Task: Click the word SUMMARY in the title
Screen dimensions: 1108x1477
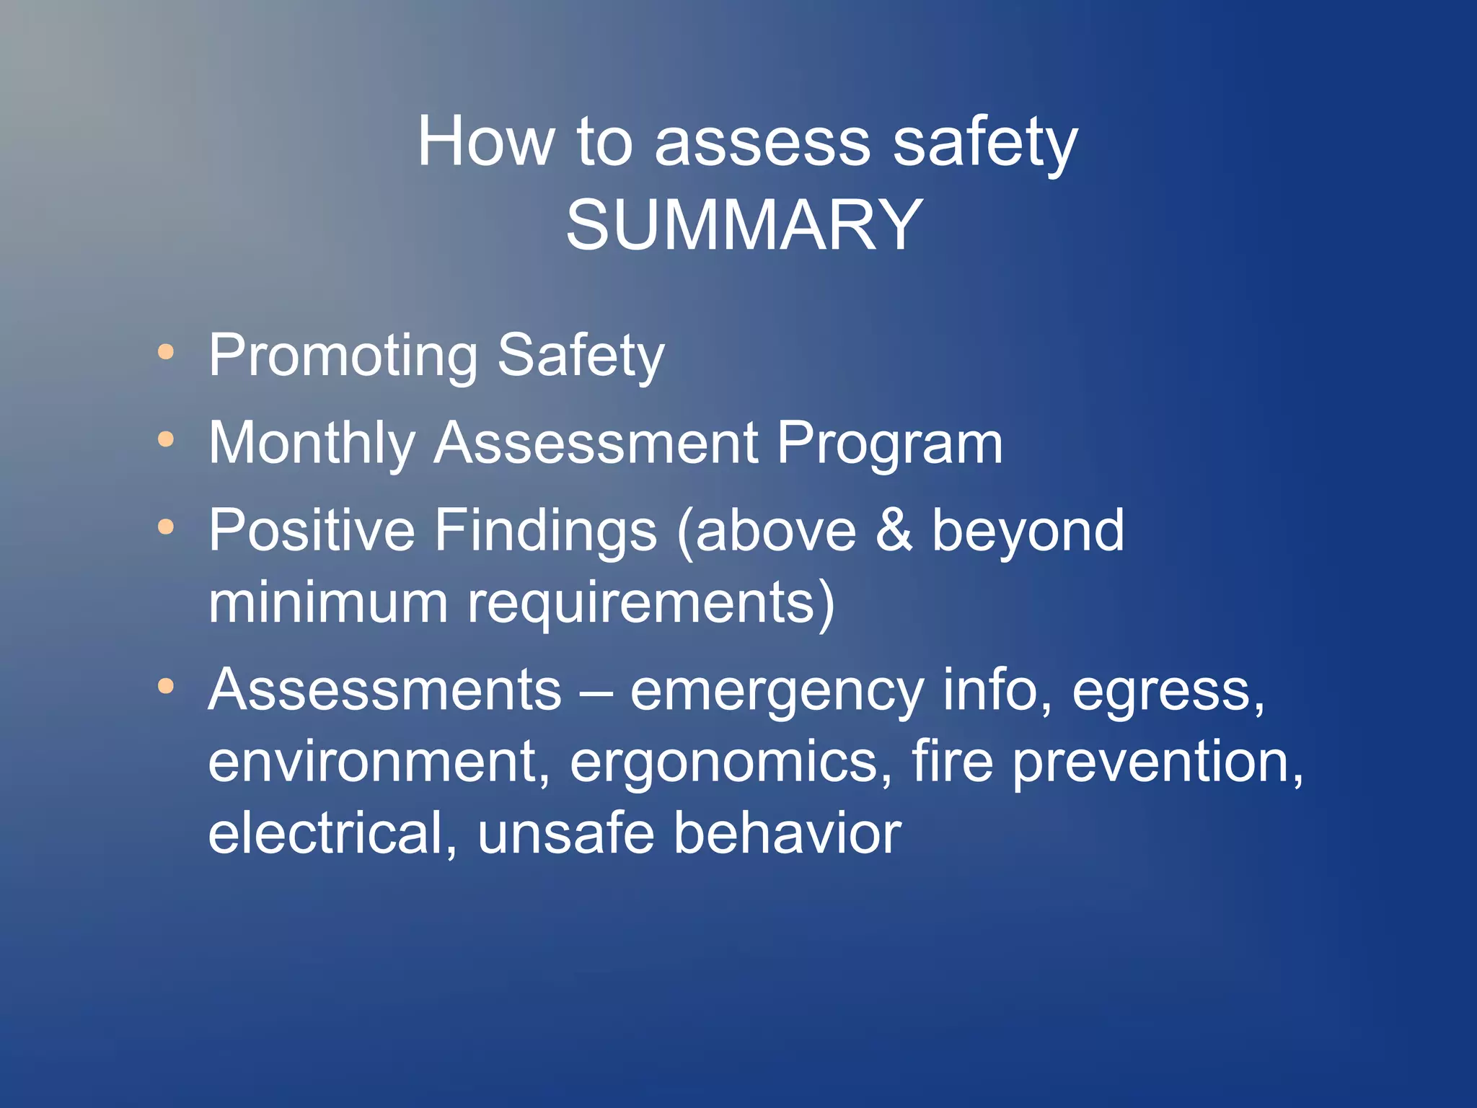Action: (744, 226)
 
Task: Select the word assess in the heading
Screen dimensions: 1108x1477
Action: (762, 142)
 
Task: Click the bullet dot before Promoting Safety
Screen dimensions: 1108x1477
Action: (166, 352)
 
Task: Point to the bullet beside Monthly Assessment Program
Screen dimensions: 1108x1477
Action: (166, 439)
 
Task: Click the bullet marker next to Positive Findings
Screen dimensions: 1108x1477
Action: (166, 527)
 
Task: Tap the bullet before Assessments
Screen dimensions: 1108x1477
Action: (166, 686)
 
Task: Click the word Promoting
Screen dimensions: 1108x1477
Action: (343, 356)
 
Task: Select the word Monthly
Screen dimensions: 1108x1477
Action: (312, 443)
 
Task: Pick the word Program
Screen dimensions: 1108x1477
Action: (889, 443)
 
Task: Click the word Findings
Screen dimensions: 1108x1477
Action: (545, 531)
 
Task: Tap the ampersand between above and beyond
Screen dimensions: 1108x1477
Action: (894, 531)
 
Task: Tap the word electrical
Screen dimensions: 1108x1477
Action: (332, 834)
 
